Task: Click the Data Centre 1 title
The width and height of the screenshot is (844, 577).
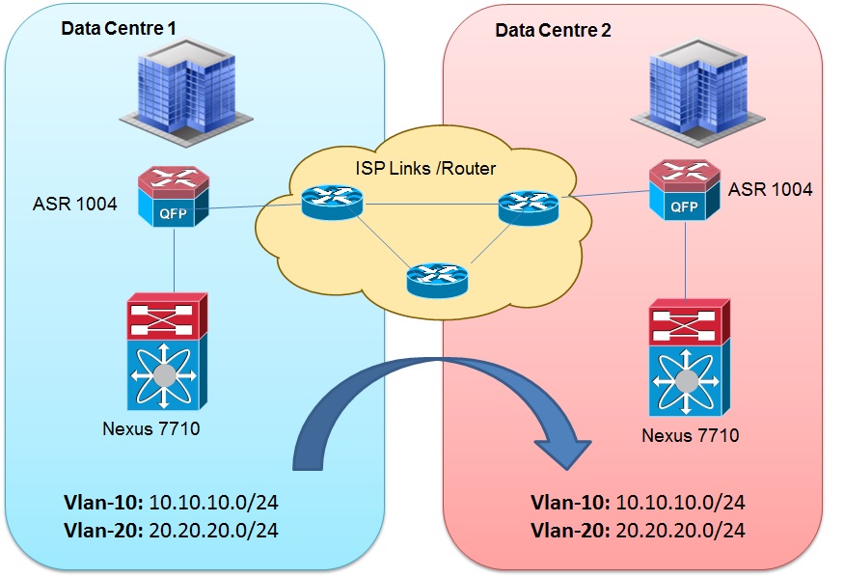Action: (119, 28)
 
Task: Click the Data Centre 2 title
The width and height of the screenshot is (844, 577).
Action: (553, 29)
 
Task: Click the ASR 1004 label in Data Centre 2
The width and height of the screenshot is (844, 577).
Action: (770, 190)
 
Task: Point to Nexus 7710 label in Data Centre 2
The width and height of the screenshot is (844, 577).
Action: (691, 435)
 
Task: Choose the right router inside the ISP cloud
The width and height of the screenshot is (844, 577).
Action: (530, 206)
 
